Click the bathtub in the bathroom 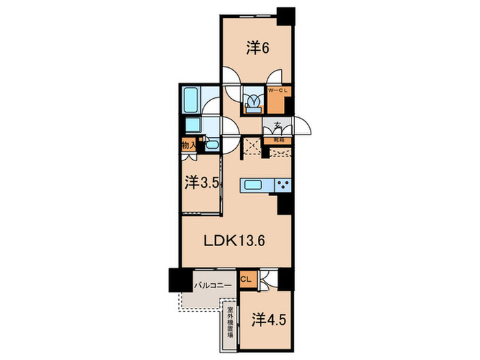191,100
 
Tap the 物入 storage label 189,145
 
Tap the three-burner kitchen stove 283,185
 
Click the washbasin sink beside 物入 211,145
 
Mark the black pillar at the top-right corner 285,14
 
